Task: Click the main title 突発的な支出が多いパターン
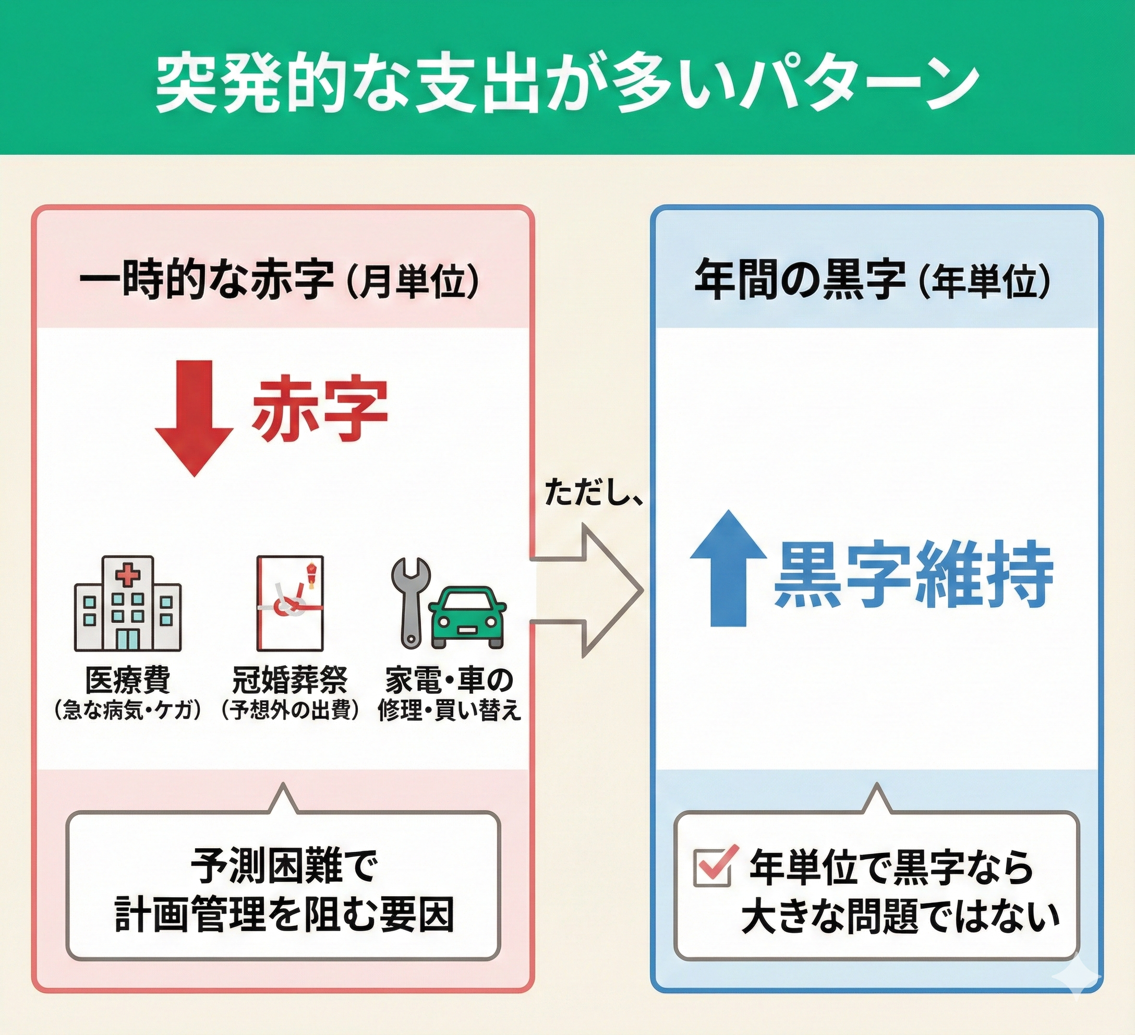coord(566,85)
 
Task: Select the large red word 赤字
coord(319,411)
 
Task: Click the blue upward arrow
coord(729,568)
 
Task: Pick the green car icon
coord(467,617)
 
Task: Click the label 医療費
coord(128,680)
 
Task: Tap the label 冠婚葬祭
coord(290,680)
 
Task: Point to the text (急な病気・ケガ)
coord(128,711)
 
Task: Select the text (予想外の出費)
coord(290,711)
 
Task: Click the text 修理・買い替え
coord(449,711)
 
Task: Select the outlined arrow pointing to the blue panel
coord(588,591)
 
